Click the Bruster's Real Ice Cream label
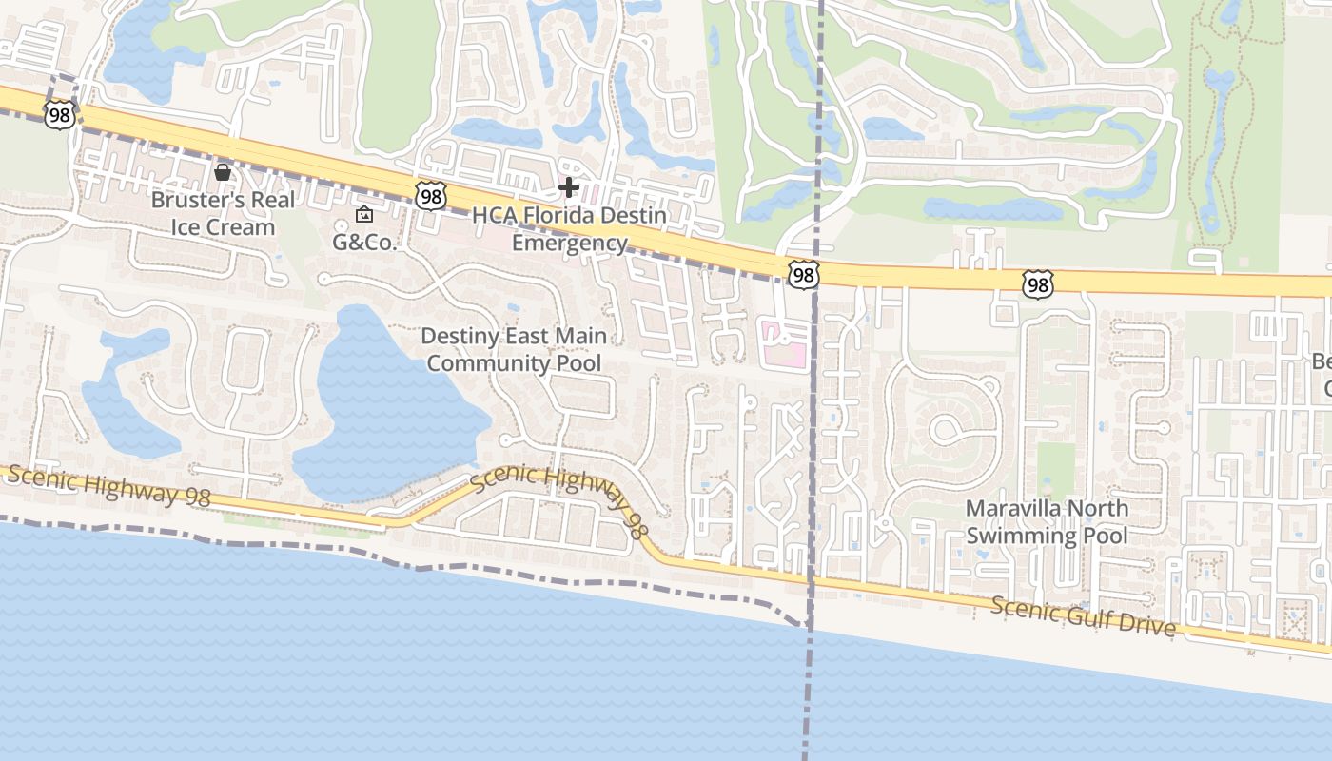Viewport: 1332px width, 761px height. tap(224, 214)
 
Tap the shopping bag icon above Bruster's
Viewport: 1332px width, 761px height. tap(223, 172)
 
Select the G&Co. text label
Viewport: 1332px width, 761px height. tap(363, 243)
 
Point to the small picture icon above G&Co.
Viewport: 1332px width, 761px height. tap(363, 215)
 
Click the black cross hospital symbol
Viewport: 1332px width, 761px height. tap(569, 186)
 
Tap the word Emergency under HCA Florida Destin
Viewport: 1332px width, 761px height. tap(570, 243)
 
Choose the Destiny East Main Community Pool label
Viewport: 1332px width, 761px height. tap(514, 349)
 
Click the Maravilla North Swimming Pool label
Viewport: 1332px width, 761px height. tap(1047, 521)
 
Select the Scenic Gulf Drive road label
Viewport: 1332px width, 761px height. tap(1083, 617)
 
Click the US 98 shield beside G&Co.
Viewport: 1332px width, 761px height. tap(431, 196)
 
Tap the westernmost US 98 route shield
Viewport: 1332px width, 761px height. tap(59, 114)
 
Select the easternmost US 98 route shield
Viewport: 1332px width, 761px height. tap(1038, 283)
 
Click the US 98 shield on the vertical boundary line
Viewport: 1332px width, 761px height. tap(803, 275)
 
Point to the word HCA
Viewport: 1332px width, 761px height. tap(493, 216)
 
